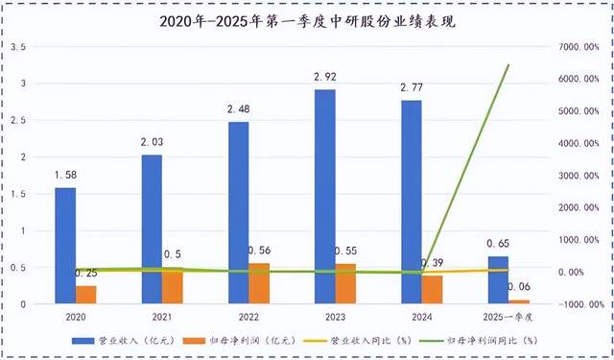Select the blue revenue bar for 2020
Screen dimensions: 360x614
pyautogui.click(x=65, y=246)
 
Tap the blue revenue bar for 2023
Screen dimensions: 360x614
pyautogui.click(x=324, y=197)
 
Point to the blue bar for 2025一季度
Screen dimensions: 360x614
pyautogui.click(x=497, y=279)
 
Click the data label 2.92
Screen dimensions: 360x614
pyautogui.click(x=324, y=76)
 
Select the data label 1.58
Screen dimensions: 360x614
pyautogui.click(x=66, y=174)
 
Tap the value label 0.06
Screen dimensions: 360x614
pyautogui.click(x=519, y=286)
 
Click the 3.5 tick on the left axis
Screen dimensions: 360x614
pyautogui.click(x=19, y=46)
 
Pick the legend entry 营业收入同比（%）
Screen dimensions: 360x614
pyautogui.click(x=360, y=340)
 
